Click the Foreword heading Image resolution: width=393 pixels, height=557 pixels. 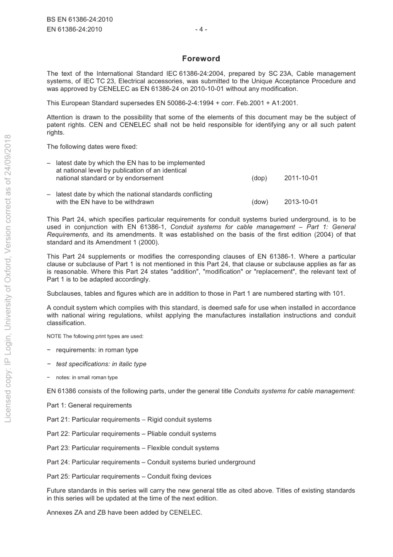201,58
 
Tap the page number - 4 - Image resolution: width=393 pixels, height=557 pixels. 201,29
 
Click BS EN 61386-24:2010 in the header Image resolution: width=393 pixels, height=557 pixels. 80,19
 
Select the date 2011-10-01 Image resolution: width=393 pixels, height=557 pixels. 301,178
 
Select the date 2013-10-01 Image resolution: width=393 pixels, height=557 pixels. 301,202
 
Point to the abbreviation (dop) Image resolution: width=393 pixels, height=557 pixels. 259,178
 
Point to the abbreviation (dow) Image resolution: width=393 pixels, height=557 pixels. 260,202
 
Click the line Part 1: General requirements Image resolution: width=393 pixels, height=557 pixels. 89,405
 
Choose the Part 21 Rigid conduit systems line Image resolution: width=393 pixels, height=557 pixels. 129,420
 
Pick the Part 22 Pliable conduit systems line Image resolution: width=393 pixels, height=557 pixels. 132,434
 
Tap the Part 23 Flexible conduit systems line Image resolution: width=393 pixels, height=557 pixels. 133,448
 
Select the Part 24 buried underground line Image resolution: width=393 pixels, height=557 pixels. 151,462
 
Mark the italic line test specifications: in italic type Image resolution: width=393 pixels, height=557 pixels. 101,364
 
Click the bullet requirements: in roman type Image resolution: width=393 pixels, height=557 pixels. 97,350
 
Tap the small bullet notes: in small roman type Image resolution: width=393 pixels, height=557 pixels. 86,378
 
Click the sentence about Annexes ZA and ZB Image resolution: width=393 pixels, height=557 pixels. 124,512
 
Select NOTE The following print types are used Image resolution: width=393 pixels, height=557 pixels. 95,336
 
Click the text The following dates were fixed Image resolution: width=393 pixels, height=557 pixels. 92,147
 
